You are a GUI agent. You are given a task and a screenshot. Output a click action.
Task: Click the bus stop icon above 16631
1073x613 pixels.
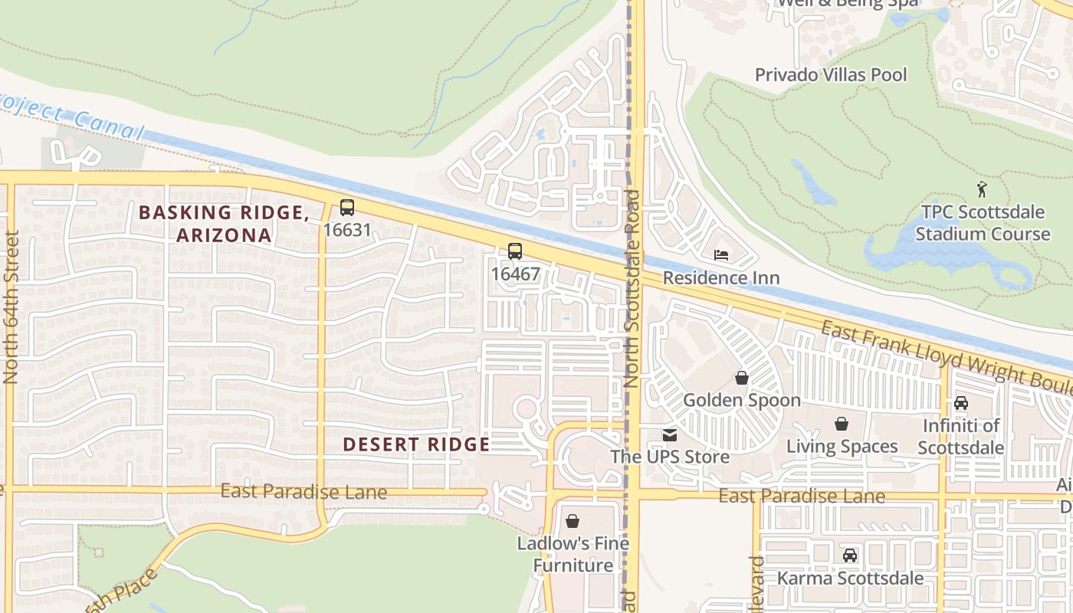pyautogui.click(x=347, y=207)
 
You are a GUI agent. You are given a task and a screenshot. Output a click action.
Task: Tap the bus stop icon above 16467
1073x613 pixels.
pyautogui.click(x=515, y=251)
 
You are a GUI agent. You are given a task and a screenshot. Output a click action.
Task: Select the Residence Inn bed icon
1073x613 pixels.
pyautogui.click(x=721, y=255)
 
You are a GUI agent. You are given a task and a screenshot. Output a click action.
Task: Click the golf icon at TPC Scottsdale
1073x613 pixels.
pyautogui.click(x=982, y=188)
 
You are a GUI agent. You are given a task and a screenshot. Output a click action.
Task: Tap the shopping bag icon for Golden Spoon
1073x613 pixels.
pyautogui.click(x=741, y=378)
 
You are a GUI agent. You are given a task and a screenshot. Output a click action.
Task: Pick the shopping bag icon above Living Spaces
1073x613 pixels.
pyautogui.click(x=842, y=424)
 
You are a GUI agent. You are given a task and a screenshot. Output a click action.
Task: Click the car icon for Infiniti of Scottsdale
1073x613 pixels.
pyautogui.click(x=961, y=403)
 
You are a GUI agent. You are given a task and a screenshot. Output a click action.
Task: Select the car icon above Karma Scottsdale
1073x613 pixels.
pyautogui.click(x=850, y=556)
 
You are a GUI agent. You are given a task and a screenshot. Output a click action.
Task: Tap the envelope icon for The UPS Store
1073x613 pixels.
pyautogui.click(x=670, y=435)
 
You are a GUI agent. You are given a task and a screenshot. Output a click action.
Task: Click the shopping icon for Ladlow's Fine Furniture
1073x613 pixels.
pyautogui.click(x=573, y=522)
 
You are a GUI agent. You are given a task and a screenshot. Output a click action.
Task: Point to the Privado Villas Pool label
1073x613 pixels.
pyautogui.click(x=831, y=75)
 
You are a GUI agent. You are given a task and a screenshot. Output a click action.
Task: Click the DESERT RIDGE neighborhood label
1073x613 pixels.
pyautogui.click(x=416, y=444)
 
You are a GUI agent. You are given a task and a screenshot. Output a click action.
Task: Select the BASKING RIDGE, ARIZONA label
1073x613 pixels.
pyautogui.click(x=225, y=224)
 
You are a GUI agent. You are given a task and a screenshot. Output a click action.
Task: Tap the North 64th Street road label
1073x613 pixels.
pyautogui.click(x=11, y=306)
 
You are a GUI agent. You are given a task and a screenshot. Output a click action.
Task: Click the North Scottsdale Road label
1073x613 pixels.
pyautogui.click(x=632, y=287)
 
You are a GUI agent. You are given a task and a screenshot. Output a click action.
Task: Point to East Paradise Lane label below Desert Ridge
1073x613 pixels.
pyautogui.click(x=304, y=492)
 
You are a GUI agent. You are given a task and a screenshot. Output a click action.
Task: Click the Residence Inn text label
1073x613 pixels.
pyautogui.click(x=721, y=278)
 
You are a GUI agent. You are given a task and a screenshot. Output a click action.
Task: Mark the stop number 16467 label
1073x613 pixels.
pyautogui.click(x=515, y=274)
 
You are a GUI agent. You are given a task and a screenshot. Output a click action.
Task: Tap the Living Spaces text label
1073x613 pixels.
pyautogui.click(x=842, y=447)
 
